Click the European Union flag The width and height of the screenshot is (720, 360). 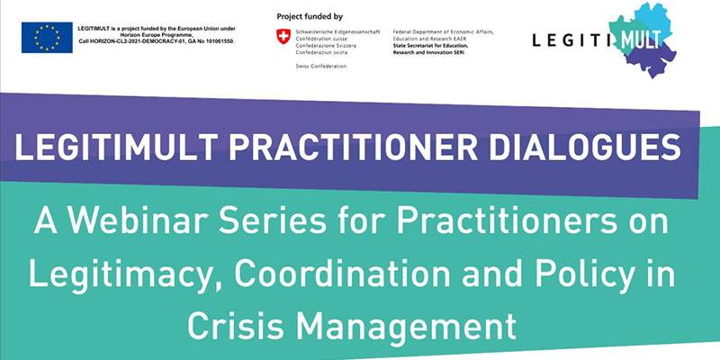(x=47, y=37)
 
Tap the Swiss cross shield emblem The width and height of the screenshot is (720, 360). (x=283, y=36)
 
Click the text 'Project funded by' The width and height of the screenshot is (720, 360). (x=310, y=17)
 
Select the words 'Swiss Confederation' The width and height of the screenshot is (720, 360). (x=321, y=66)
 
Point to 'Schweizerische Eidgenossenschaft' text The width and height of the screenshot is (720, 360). (x=337, y=32)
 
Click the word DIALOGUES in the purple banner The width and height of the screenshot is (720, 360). (x=584, y=147)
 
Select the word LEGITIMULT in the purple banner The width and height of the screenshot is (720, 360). (x=116, y=147)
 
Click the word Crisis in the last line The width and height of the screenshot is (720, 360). (x=235, y=326)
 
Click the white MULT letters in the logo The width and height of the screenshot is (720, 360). (x=642, y=40)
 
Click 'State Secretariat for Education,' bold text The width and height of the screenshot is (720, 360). (x=430, y=47)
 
